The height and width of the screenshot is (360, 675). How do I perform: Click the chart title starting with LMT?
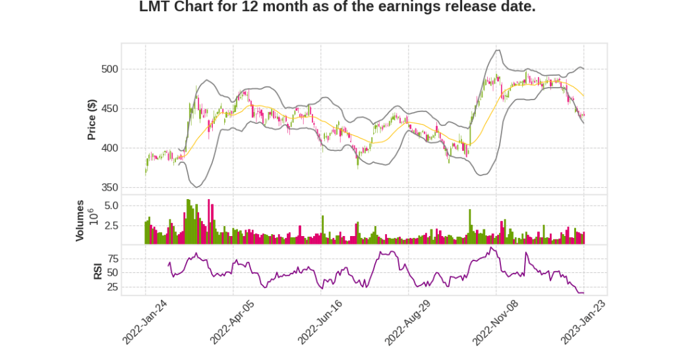pos(337,7)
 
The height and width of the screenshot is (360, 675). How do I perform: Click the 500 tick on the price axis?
pos(109,69)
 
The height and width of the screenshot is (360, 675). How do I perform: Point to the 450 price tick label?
pos(109,109)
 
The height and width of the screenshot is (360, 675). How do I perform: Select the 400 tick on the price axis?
pos(109,148)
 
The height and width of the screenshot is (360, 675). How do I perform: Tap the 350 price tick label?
pos(109,188)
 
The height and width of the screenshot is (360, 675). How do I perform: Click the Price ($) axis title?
pos(92,119)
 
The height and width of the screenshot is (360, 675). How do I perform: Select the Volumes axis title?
pos(80,220)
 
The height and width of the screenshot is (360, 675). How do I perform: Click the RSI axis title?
pos(98,270)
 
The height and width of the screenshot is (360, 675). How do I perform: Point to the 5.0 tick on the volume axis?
pos(111,206)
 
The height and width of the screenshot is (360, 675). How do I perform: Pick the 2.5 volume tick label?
pos(111,225)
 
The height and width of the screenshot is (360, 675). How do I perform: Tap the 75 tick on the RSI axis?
pos(113,258)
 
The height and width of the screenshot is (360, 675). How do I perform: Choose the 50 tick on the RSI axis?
pos(113,272)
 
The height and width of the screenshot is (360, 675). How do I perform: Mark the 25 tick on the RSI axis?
pos(113,287)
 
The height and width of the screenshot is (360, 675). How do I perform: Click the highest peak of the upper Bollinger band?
pos(497,50)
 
